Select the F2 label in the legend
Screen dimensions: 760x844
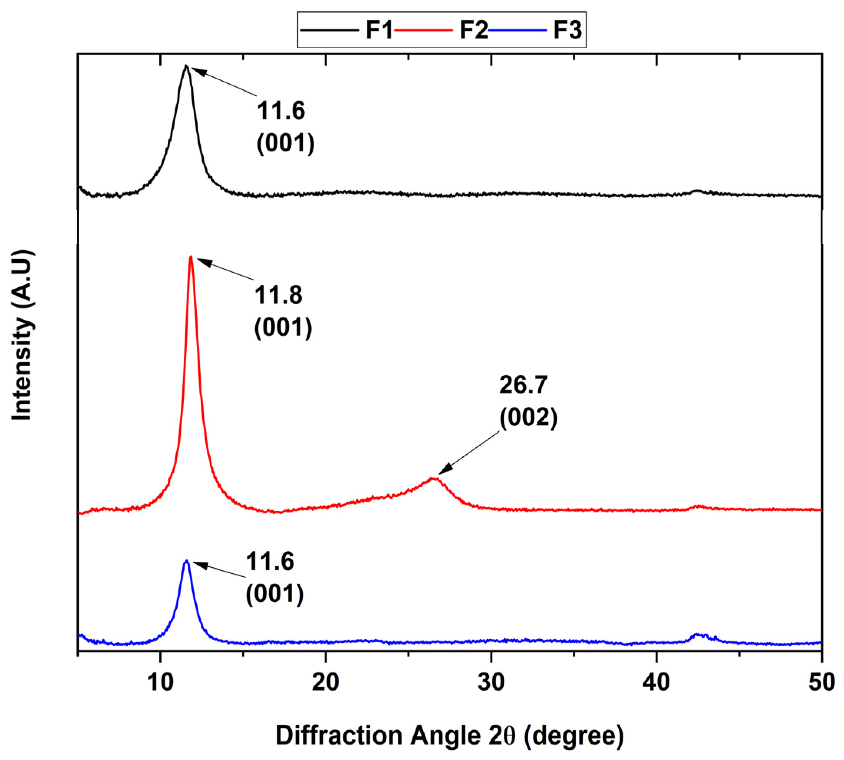pyautogui.click(x=473, y=30)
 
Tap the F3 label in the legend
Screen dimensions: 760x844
pyautogui.click(x=567, y=30)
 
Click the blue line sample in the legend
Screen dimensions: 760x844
pyautogui.click(x=517, y=30)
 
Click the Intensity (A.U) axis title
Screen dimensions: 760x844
pyautogui.click(x=22, y=335)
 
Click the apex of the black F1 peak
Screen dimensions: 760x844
pyautogui.click(x=186, y=66)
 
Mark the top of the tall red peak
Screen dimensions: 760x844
pyautogui.click(x=191, y=257)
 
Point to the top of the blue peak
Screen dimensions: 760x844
pyautogui.click(x=186, y=561)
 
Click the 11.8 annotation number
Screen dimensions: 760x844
pyautogui.click(x=278, y=295)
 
